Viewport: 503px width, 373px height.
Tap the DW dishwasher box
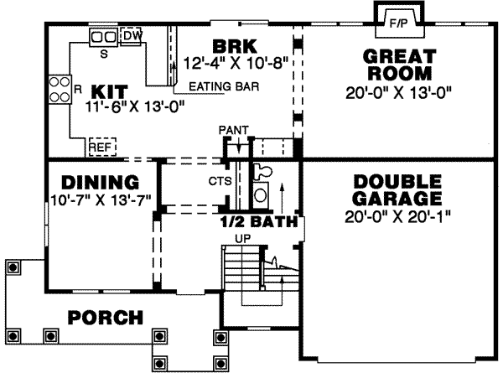click(132, 37)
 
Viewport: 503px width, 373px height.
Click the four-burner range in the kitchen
click(60, 89)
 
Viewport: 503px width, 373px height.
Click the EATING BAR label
click(223, 85)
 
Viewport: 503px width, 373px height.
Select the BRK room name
click(228, 45)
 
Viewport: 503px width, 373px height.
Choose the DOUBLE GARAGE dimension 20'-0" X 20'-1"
click(398, 217)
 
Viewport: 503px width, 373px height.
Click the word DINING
click(99, 183)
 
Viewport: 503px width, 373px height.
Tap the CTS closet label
click(208, 179)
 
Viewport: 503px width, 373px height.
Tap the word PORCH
click(105, 319)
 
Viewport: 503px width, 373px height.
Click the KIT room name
click(109, 90)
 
